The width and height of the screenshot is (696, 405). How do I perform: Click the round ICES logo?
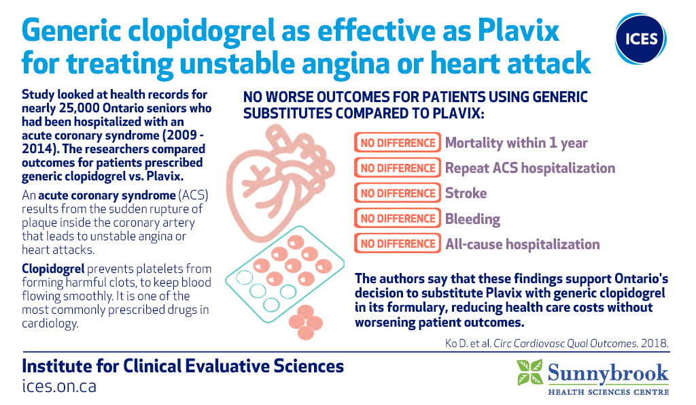point(640,39)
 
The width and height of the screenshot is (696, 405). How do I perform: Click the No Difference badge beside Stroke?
point(398,193)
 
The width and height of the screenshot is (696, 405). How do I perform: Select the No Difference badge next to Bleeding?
point(398,218)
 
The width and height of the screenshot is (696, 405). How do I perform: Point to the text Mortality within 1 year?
point(517,143)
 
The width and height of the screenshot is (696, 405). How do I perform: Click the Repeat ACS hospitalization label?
point(530,168)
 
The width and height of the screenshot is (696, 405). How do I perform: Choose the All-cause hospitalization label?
point(523,244)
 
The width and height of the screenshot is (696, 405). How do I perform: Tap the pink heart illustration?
point(279,182)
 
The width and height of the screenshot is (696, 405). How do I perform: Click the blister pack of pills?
point(285,274)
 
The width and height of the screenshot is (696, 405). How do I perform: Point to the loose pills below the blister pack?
point(305,323)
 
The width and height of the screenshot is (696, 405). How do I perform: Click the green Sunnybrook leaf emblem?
point(529,372)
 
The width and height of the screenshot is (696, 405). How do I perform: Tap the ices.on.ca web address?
point(59,385)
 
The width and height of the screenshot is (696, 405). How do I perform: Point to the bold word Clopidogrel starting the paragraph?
point(53,270)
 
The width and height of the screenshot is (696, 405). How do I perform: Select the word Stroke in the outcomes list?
point(466,193)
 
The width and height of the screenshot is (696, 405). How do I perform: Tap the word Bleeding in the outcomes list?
point(473,219)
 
